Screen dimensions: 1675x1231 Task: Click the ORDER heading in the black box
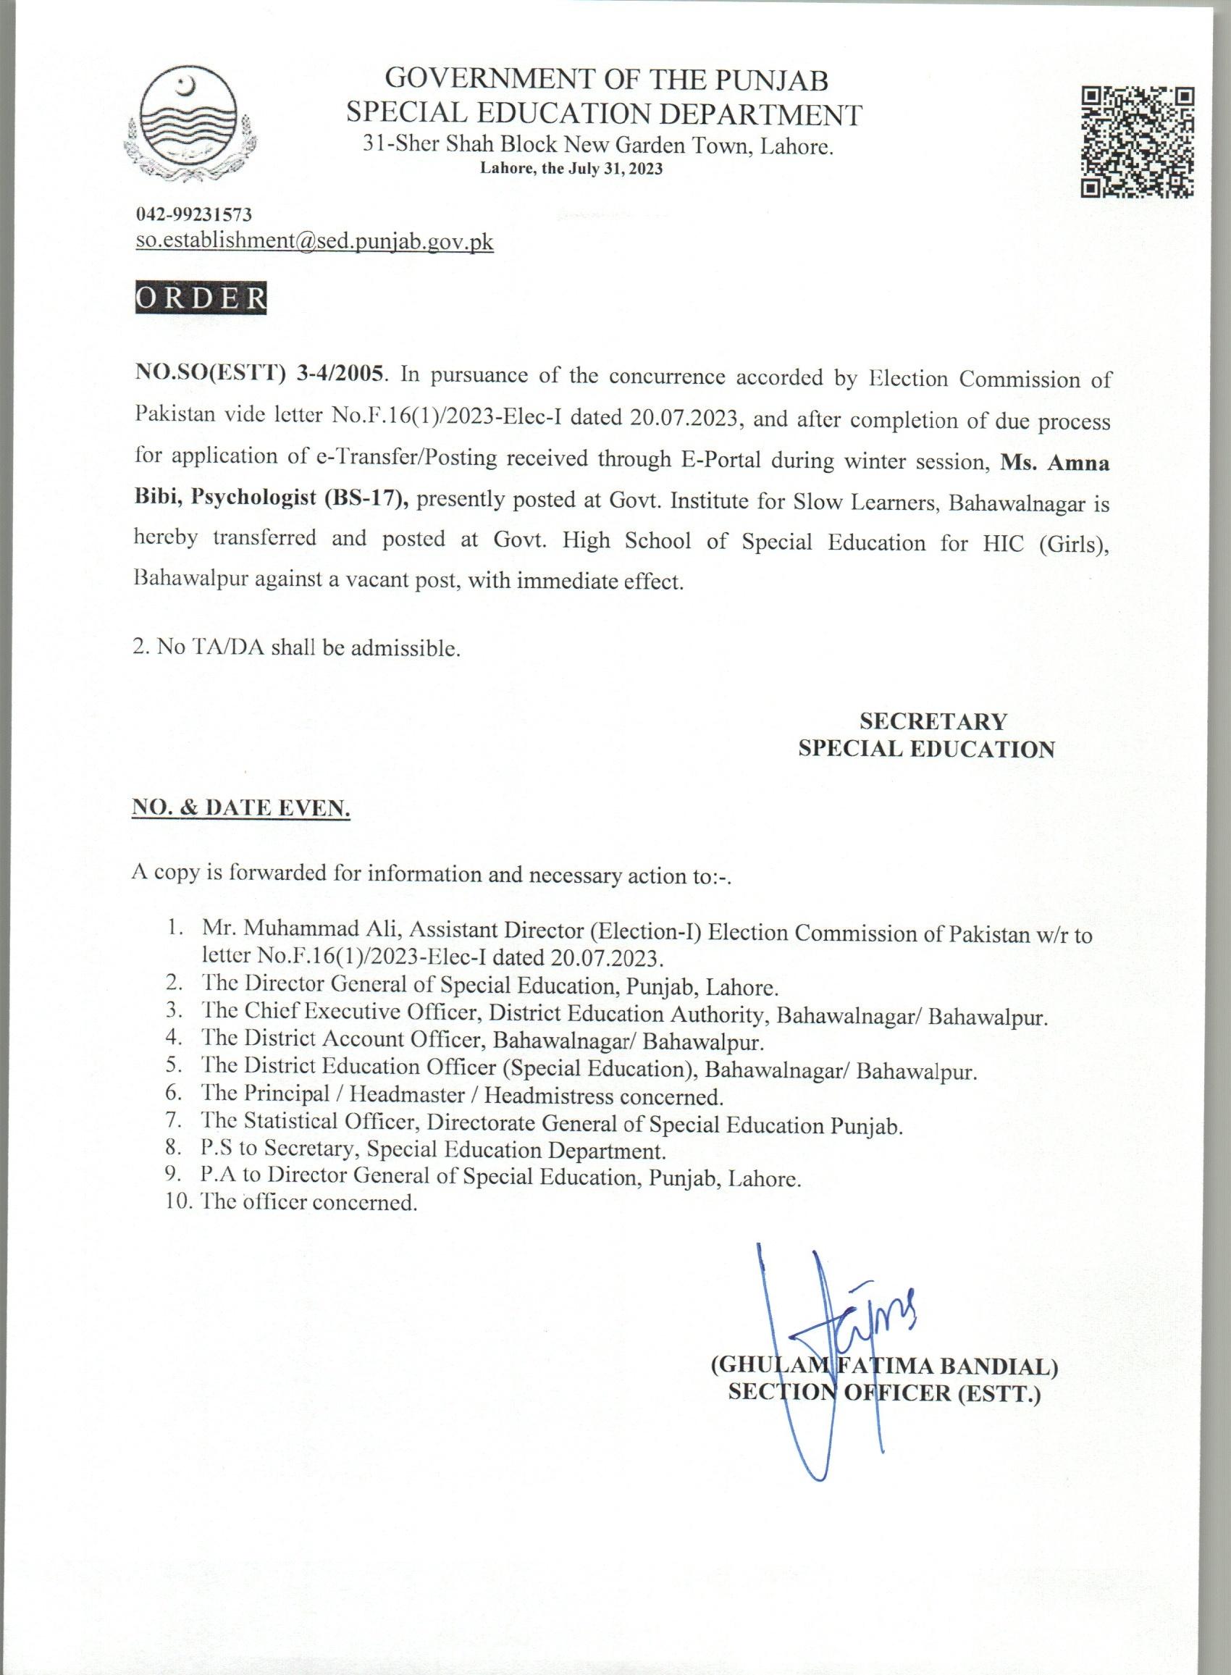point(201,298)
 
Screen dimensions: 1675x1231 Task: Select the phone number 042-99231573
point(194,214)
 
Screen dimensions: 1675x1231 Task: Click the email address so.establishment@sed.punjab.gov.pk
point(314,241)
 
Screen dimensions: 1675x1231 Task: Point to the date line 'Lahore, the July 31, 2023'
point(571,169)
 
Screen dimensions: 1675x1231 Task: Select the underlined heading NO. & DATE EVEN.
point(240,808)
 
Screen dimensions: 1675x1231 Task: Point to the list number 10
point(179,1202)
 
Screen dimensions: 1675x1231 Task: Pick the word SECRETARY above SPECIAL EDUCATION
point(933,721)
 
